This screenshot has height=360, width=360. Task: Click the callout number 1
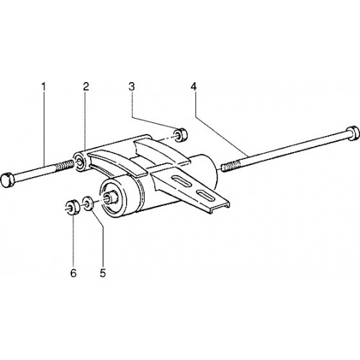point(43,87)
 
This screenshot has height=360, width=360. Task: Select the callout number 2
point(86,87)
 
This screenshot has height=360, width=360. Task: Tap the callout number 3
point(132,87)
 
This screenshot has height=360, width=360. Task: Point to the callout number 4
point(194,87)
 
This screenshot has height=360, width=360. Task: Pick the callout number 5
point(103,273)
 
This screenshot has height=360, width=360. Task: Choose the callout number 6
point(73,273)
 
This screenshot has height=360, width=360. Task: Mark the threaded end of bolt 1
point(66,166)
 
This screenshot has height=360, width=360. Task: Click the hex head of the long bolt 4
point(352,132)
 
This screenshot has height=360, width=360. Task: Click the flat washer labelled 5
point(89,203)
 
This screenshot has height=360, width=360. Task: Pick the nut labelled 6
point(72,207)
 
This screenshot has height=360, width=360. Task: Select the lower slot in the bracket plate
point(206,195)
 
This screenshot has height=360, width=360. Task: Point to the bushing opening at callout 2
point(79,161)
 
